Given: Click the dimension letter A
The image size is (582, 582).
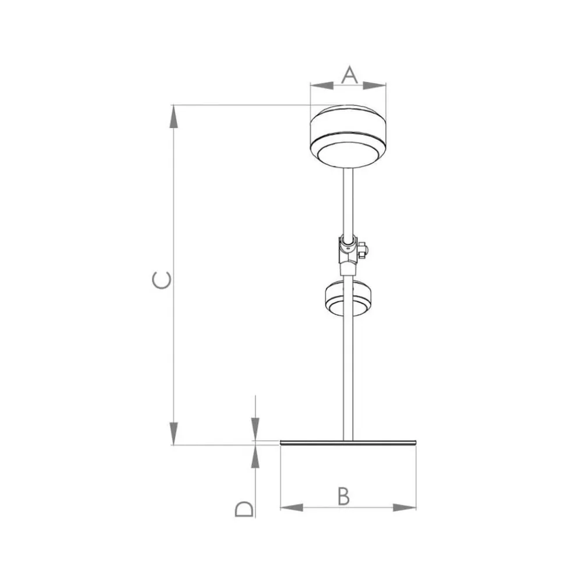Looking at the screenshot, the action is tap(349, 74).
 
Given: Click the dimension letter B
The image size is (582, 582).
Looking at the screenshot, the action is tap(344, 496).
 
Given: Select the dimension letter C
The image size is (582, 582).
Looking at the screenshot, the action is tap(162, 280).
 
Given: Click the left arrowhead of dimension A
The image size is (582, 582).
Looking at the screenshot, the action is tap(322, 86).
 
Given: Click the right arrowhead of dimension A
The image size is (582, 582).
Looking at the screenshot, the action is tap(374, 86).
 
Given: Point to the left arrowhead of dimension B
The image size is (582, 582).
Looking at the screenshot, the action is tap(292, 508).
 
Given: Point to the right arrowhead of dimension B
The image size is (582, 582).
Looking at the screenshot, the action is tap(404, 508).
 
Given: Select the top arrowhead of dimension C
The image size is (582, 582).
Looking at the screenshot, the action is tap(173, 116).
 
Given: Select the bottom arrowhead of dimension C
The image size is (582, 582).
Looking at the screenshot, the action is tap(173, 434).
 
